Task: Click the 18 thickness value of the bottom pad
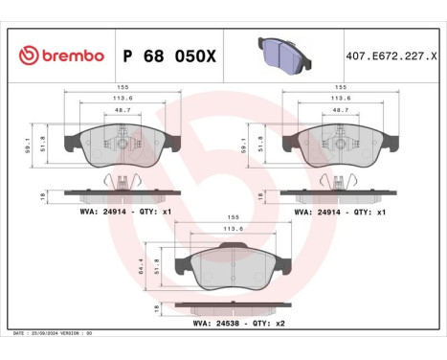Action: pyautogui.click(x=155, y=308)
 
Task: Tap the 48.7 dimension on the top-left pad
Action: pyautogui.click(x=122, y=111)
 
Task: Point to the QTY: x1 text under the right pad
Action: pyautogui.click(x=369, y=211)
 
